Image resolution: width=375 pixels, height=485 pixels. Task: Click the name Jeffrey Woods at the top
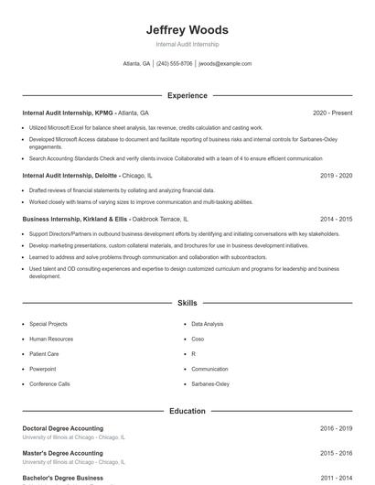click(187, 29)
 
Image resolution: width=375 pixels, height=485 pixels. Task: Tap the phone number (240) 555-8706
click(174, 64)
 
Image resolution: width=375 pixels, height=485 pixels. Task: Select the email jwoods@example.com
click(225, 64)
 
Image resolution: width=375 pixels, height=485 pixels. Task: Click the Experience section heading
click(187, 95)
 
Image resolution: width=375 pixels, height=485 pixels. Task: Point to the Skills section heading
click(187, 302)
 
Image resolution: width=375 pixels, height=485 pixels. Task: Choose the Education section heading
click(187, 411)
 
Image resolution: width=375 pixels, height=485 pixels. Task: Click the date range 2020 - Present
click(332, 113)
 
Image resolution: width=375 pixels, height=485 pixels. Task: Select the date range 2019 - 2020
click(336, 175)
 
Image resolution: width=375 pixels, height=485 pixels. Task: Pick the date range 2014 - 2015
click(336, 220)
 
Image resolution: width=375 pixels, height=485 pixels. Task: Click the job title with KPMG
click(68, 113)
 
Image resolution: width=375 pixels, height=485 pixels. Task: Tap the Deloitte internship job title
click(70, 175)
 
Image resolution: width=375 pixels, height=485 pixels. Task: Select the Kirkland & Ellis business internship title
click(76, 220)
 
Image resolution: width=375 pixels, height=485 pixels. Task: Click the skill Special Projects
click(48, 324)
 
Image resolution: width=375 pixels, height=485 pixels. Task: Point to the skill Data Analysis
click(207, 324)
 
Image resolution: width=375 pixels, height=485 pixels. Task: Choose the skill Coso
click(198, 339)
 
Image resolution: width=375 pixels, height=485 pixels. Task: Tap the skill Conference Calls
click(49, 383)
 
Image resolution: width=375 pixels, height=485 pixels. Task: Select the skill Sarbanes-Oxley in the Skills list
click(210, 383)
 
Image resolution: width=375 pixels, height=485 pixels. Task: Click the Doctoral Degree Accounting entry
click(62, 428)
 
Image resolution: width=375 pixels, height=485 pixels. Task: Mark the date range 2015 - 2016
click(336, 453)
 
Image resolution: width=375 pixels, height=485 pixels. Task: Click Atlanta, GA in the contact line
click(137, 64)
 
